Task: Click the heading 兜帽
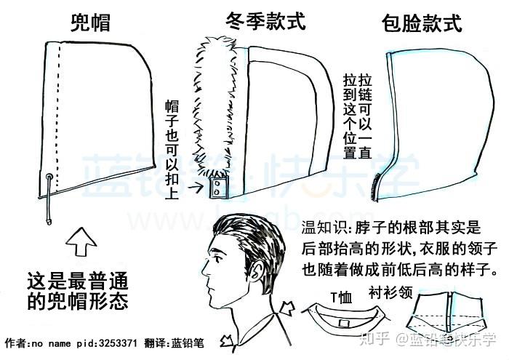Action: point(91,23)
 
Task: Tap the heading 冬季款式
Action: point(266,21)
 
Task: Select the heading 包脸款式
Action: point(421,23)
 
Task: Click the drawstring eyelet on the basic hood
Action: point(49,177)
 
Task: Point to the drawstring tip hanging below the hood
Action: point(49,222)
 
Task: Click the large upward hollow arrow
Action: point(81,242)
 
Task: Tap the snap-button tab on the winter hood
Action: point(218,188)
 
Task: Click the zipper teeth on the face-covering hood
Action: point(375,188)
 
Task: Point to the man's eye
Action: point(217,260)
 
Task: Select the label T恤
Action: point(341,297)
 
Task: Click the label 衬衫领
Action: point(390,292)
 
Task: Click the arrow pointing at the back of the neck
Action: point(286,308)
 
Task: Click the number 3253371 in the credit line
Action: point(118,343)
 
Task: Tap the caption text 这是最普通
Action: point(77,281)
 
